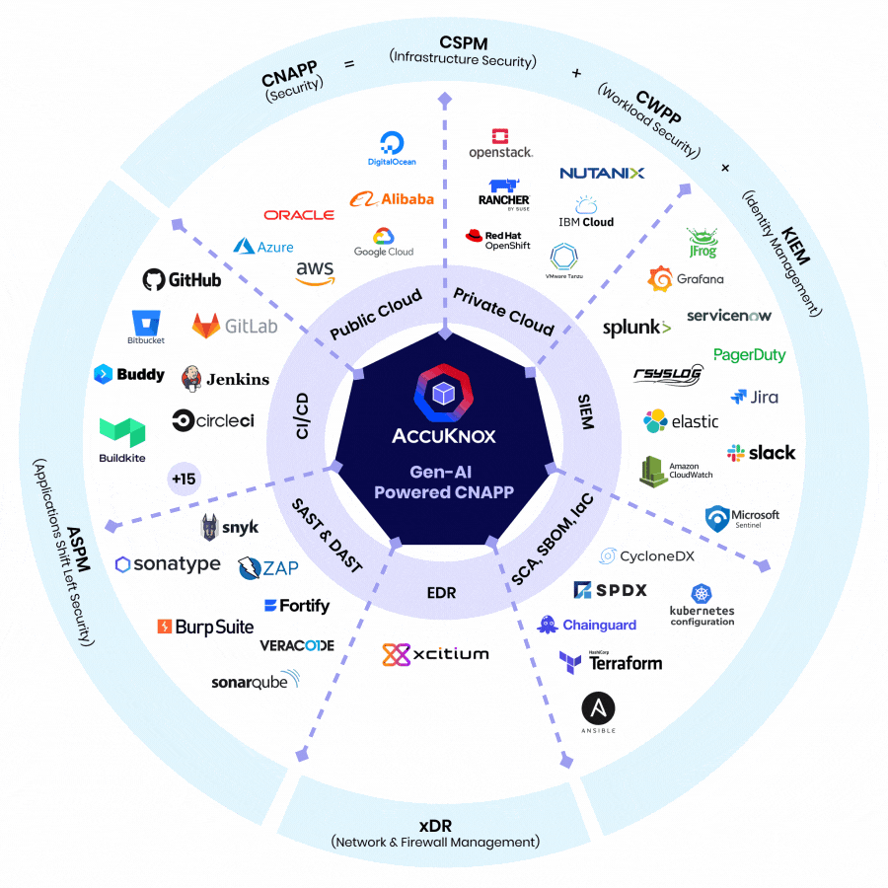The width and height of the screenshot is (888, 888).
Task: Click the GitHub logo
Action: pyautogui.click(x=182, y=279)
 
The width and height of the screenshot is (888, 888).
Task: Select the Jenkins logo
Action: pyautogui.click(x=225, y=378)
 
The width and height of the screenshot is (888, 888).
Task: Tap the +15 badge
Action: pyautogui.click(x=184, y=480)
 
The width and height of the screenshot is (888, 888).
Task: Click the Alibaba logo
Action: pyautogui.click(x=392, y=198)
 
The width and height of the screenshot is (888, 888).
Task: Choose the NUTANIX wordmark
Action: pyautogui.click(x=602, y=173)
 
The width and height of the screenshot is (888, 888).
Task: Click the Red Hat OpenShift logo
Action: pyautogui.click(x=499, y=240)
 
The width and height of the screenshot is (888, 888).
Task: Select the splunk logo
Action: pyautogui.click(x=636, y=327)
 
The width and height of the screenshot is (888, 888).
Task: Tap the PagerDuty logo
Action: pyautogui.click(x=749, y=355)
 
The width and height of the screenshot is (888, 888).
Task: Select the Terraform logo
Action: pyautogui.click(x=610, y=662)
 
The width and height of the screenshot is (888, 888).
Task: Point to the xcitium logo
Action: pyautogui.click(x=435, y=654)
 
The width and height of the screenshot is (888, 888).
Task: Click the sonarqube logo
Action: pyautogui.click(x=255, y=681)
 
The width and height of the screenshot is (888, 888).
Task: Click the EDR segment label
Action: pyautogui.click(x=441, y=593)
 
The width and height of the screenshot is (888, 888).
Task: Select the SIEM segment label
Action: pyautogui.click(x=586, y=411)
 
